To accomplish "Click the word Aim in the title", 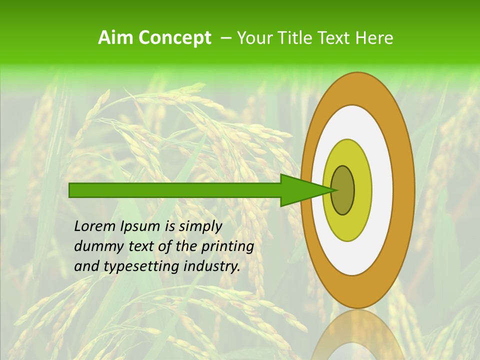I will point(115,38).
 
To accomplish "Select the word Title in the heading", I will point(289,38).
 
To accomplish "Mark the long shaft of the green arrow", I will point(175,190).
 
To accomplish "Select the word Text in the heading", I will point(333,38).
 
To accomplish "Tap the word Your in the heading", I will point(253,38).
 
